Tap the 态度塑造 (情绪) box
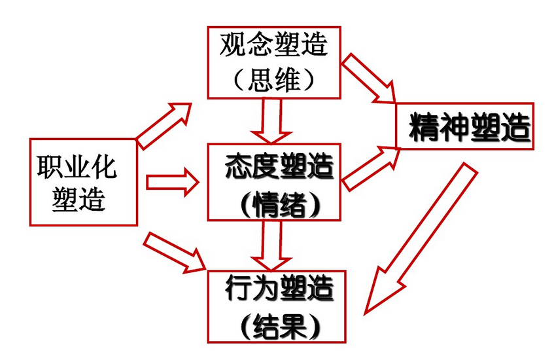coord(273,182)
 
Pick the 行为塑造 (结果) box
coord(276,306)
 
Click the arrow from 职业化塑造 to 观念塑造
coord(164,124)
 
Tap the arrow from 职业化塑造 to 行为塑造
coord(174,252)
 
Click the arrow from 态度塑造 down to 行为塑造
coord(271,243)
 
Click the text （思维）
coord(273,80)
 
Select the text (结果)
coord(280,326)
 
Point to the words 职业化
coord(77,168)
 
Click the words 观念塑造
coord(273,45)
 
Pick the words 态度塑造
coord(279,166)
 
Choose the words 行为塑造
coord(279,289)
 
